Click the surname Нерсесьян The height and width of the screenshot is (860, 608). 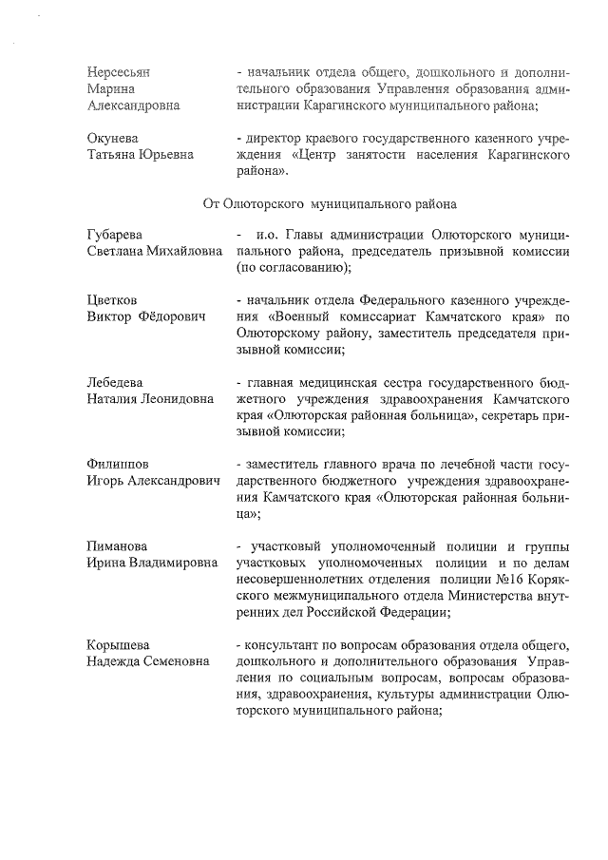[x=119, y=72]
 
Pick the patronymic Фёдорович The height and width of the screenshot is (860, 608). [x=173, y=315]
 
